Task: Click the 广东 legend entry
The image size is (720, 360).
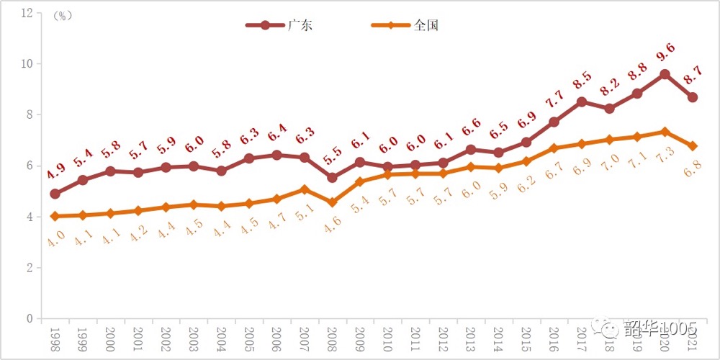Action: pos(282,25)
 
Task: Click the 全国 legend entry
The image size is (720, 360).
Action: pos(408,25)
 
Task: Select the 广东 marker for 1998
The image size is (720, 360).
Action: pos(55,194)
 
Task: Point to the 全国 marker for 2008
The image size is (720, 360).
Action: pos(332,202)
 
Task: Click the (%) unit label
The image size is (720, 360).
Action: pos(63,16)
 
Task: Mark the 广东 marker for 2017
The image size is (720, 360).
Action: pos(581,102)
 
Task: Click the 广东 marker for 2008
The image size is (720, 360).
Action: pos(332,177)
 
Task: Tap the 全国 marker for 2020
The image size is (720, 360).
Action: pos(665,132)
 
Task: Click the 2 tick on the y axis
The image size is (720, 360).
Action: pos(30,268)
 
